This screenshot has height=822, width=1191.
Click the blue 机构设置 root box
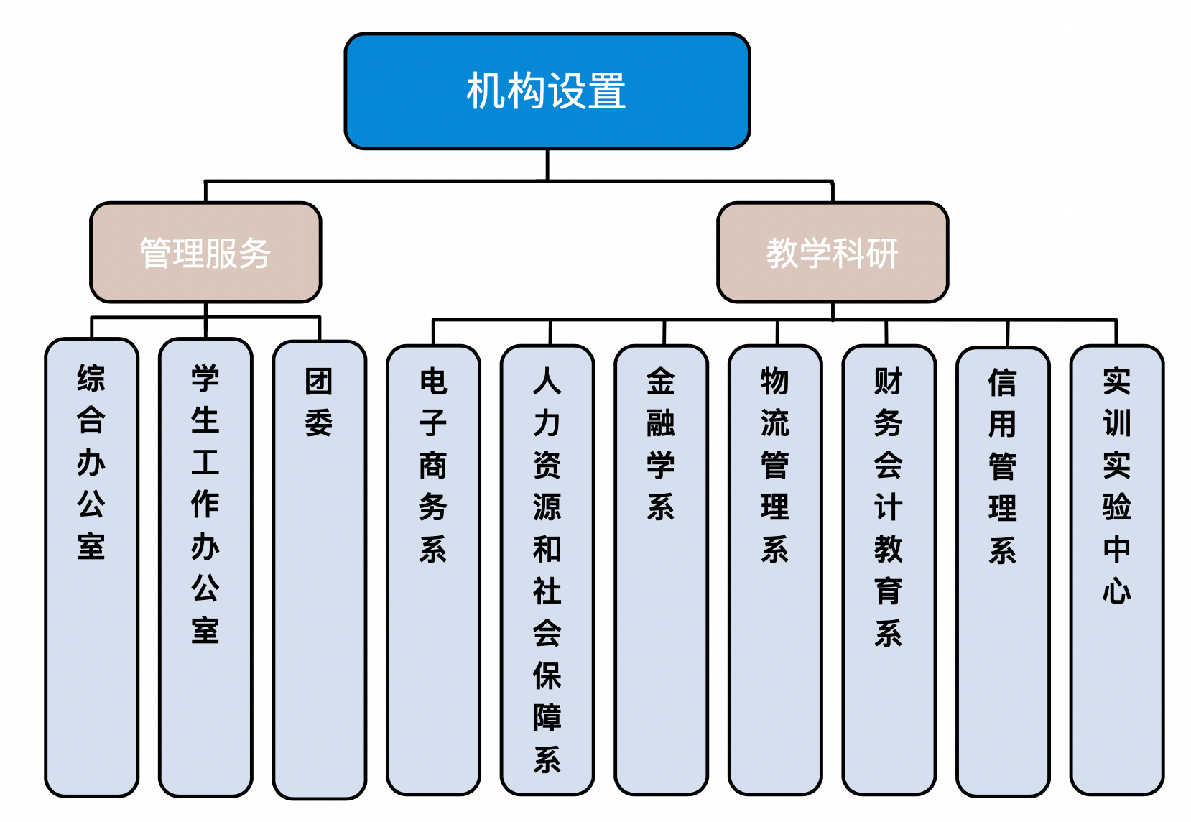547,91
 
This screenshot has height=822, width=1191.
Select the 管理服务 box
205,252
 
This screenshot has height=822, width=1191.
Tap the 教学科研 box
832,252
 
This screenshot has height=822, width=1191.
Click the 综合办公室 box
91,568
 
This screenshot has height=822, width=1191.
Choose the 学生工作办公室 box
205,568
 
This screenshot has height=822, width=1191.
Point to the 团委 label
319,402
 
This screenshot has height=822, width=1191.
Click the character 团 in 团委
319,382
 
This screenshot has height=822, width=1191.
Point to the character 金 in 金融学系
661,382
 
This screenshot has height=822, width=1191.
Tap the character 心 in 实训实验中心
1116,591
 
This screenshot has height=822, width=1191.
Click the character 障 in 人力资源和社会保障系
547,717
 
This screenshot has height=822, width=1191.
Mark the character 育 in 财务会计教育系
889,591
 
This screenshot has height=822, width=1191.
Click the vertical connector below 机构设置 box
547,165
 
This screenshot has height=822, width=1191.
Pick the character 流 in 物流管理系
775,423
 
